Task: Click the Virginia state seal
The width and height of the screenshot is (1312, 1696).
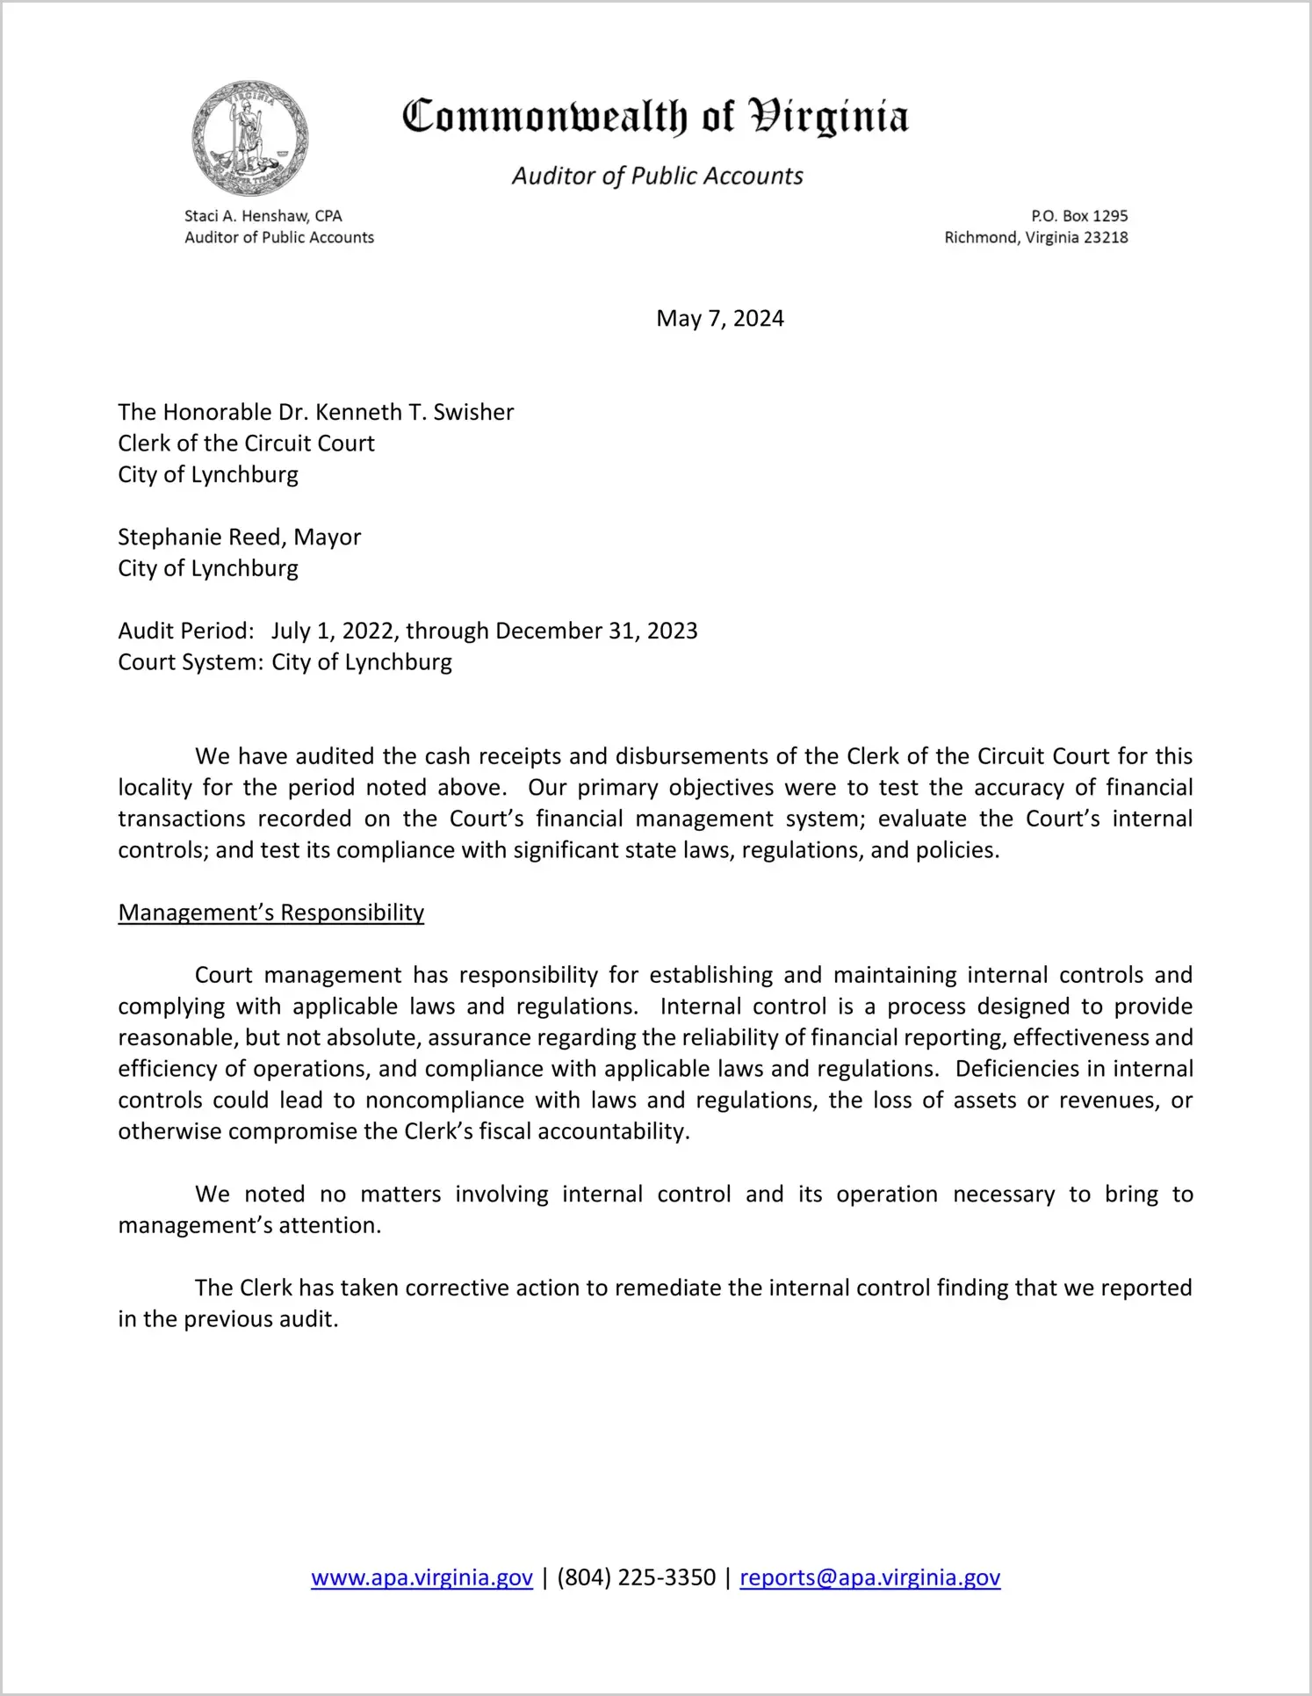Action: point(250,139)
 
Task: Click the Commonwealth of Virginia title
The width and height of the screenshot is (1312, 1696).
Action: point(655,117)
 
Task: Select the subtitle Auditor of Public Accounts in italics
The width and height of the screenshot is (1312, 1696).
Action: point(657,177)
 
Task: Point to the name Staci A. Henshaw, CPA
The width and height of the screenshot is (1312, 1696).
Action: point(263,216)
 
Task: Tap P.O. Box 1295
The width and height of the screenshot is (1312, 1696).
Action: point(1079,216)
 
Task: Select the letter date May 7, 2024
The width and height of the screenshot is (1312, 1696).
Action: point(719,318)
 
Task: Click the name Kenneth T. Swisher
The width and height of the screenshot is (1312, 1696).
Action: point(415,412)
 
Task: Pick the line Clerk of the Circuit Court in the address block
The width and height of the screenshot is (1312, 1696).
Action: point(247,444)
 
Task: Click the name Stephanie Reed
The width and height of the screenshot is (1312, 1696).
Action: point(201,537)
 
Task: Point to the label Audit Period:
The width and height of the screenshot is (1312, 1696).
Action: point(186,631)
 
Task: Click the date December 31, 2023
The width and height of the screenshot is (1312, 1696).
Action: point(596,631)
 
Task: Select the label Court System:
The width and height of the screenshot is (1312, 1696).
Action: point(191,662)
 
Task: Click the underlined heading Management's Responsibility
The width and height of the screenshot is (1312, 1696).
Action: point(271,913)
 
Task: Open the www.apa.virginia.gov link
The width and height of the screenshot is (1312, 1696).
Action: point(422,1577)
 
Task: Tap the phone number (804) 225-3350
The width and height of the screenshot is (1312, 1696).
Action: point(636,1577)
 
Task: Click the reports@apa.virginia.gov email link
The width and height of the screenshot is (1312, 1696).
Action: point(869,1577)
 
